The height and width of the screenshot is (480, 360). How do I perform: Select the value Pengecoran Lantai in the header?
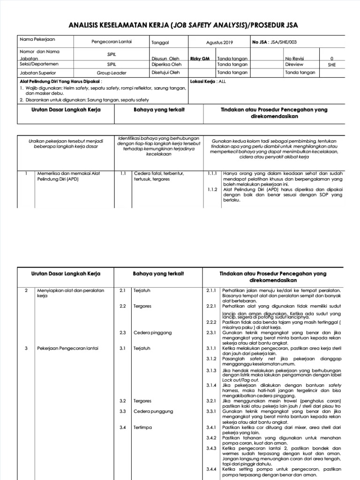coord(112,42)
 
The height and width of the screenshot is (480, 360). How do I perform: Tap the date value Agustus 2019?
coord(219,42)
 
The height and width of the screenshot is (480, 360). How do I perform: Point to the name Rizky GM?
coord(200,59)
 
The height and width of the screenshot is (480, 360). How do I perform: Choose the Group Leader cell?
coord(111,73)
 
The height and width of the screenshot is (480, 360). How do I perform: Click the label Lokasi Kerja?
coord(203,81)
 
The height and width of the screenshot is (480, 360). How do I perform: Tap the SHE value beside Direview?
coord(332,65)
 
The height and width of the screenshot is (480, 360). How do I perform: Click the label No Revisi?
coord(294,59)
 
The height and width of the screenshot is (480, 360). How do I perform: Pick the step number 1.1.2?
coord(212,189)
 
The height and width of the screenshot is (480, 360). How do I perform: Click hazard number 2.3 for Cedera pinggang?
coord(123,332)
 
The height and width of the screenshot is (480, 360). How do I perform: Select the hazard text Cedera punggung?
coord(153,411)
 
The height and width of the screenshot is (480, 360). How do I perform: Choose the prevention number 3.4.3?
coord(211,448)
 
